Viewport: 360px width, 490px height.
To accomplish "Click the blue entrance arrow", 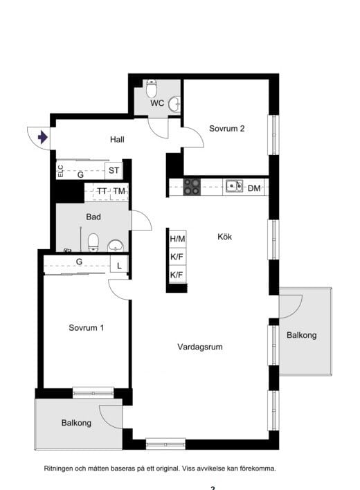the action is click(x=43, y=137).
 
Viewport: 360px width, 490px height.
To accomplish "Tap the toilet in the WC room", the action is click(x=152, y=89).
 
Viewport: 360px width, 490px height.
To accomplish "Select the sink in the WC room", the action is click(x=174, y=104).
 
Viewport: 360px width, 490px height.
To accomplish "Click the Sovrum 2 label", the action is click(x=226, y=129).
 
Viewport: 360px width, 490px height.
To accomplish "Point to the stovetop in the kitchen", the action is click(x=192, y=187).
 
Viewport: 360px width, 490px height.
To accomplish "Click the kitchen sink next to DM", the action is click(x=234, y=186).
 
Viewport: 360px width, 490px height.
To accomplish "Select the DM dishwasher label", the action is click(x=254, y=188).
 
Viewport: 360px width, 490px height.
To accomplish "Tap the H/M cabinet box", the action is click(x=177, y=239).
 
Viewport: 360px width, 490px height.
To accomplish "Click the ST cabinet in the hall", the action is click(x=114, y=170).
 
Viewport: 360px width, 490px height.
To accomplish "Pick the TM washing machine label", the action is click(x=119, y=190).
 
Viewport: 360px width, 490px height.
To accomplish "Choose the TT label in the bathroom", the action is click(x=102, y=190).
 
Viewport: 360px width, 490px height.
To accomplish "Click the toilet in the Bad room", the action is click(x=93, y=242).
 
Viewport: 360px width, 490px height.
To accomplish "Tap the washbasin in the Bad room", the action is click(x=116, y=246).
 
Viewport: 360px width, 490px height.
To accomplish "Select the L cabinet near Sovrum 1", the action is click(x=119, y=265).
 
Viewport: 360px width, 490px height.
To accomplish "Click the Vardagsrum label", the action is click(x=200, y=347).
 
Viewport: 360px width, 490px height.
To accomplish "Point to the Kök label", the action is click(x=225, y=237).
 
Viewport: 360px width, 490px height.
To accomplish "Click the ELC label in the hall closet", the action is click(x=61, y=171).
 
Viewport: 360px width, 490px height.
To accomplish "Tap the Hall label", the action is click(x=117, y=139).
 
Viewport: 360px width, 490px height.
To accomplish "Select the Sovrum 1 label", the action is click(x=86, y=328).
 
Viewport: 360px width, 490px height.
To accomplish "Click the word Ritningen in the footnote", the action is click(x=58, y=469).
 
